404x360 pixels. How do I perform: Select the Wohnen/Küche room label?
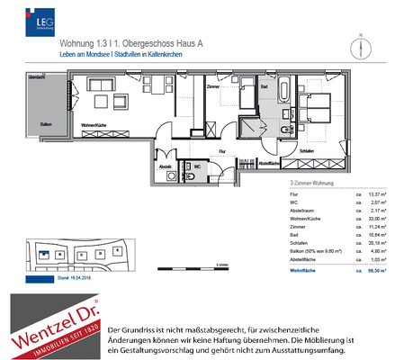[95, 124]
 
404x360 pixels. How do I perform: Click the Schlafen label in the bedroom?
[306, 151]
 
